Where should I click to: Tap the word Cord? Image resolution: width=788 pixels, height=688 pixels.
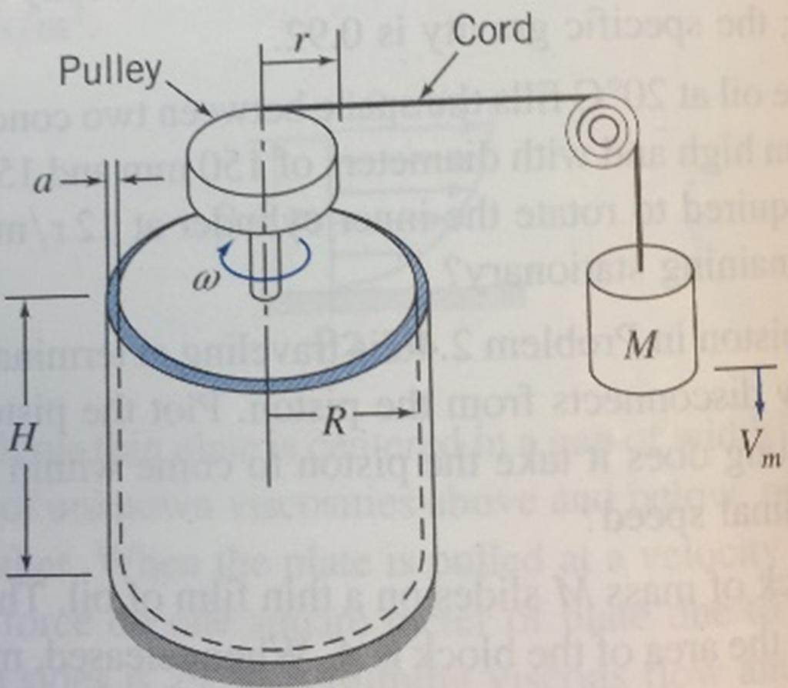click(x=492, y=30)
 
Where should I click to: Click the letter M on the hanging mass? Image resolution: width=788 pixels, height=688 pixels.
click(x=640, y=346)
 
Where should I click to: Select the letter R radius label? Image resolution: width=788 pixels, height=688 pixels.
click(x=333, y=422)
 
